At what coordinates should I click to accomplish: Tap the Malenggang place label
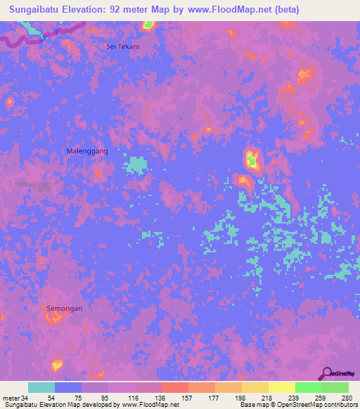[87, 151]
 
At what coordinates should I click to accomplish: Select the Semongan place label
[65, 309]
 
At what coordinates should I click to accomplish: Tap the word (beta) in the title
[285, 10]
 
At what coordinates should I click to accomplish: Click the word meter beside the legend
[11, 398]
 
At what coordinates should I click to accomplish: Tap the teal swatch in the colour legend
[41, 387]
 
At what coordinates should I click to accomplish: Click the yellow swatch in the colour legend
[281, 387]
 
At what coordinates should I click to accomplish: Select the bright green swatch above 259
[308, 387]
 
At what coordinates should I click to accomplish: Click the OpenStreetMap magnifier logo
[327, 374]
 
